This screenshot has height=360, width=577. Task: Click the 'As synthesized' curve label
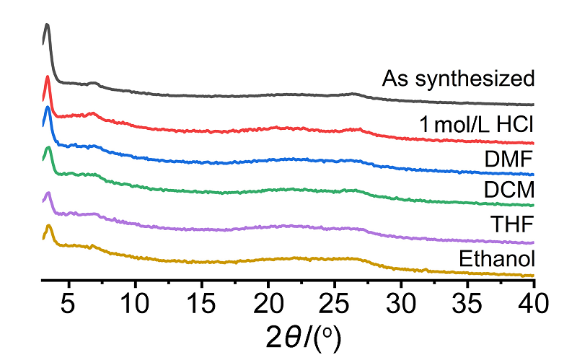458,78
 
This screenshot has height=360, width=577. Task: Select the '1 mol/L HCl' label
477,125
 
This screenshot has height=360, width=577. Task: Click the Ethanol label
495,258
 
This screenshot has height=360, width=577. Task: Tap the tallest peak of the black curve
47,25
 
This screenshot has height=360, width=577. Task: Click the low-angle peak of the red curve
48,77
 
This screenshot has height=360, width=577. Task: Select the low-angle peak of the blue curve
48,108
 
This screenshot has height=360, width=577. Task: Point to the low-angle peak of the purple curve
48,193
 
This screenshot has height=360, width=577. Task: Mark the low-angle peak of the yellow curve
48,227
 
